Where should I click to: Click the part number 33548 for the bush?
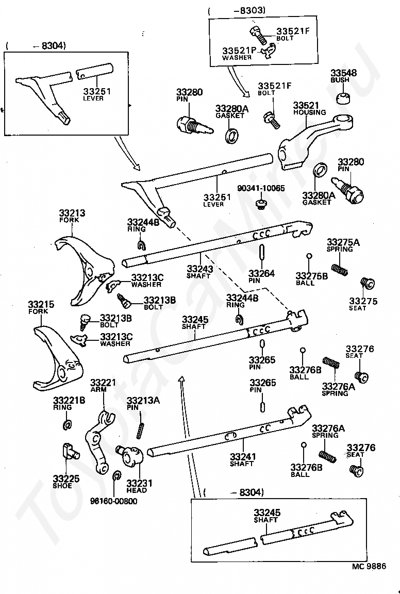coord(343,73)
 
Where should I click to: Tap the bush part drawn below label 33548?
coord(344,97)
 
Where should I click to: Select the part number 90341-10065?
coord(261,189)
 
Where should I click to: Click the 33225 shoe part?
coord(69,451)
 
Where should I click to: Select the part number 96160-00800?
coord(114,501)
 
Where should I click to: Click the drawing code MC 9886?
coord(369,566)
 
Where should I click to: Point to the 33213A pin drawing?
coord(140,428)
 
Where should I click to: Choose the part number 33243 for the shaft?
coord(199,269)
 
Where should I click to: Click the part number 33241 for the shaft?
coord(242,456)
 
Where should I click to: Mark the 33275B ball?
coord(309,256)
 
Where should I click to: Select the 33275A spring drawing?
coord(337,269)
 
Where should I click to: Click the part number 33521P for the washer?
coord(239,51)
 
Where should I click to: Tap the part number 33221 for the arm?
coord(103,383)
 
